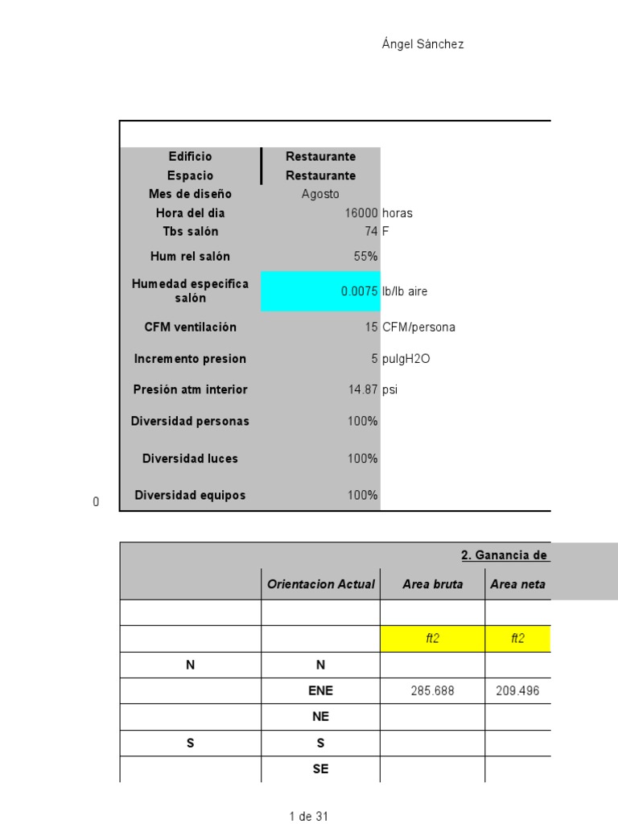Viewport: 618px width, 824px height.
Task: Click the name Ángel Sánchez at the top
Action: click(x=422, y=45)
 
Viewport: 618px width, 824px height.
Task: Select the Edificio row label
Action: click(x=191, y=157)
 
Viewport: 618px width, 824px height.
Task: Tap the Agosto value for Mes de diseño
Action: click(x=320, y=194)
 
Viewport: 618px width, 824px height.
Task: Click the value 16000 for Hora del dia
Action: click(x=361, y=213)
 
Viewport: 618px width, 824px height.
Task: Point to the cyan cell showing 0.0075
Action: click(x=320, y=291)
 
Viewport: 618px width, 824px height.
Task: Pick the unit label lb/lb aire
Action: click(x=405, y=291)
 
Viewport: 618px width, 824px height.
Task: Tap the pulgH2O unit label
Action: click(x=406, y=359)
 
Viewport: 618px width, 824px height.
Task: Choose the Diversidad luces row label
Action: click(x=191, y=459)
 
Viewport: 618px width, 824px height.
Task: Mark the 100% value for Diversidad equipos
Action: click(x=363, y=496)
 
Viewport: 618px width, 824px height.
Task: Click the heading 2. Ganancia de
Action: click(x=505, y=555)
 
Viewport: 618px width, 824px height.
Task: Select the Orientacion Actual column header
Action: click(x=321, y=585)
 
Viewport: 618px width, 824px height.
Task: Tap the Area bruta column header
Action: click(x=433, y=585)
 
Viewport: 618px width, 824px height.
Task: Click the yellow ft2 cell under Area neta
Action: click(x=517, y=638)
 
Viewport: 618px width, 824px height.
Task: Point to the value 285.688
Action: click(x=433, y=691)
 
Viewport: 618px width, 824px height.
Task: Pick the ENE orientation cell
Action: click(x=321, y=691)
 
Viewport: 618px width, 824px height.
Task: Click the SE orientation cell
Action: click(x=321, y=768)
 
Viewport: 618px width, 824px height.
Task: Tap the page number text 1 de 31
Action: click(x=309, y=816)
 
